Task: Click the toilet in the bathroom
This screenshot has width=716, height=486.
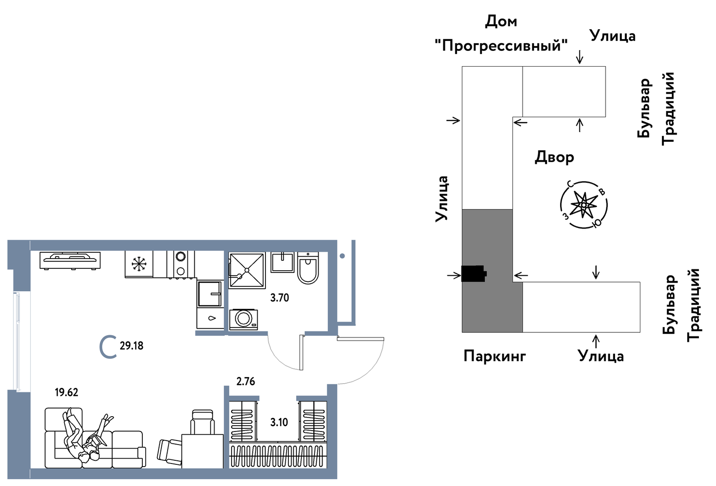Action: (308, 269)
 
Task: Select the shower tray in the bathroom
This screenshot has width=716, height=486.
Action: (247, 270)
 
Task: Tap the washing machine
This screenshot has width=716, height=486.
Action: (244, 319)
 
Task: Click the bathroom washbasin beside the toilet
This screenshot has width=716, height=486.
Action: (283, 262)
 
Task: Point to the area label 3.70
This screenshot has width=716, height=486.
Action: (279, 298)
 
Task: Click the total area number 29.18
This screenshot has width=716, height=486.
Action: (132, 346)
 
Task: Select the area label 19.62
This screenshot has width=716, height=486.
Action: (66, 392)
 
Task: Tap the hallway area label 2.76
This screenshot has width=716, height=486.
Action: (246, 382)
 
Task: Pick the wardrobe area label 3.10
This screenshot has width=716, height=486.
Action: (279, 422)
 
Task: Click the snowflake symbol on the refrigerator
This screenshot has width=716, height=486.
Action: (139, 263)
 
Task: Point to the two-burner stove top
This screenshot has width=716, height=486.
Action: (181, 264)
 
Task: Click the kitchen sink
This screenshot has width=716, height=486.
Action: (210, 294)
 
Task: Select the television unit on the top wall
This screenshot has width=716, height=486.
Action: (70, 260)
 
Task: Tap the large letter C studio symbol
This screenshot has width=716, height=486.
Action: (108, 346)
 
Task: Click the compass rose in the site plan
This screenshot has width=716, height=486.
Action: (584, 205)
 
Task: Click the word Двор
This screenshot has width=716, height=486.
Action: (554, 157)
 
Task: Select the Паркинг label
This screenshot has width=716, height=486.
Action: (495, 356)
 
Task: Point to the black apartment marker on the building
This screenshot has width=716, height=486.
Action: (474, 273)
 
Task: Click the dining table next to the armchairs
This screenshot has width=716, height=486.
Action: (203, 451)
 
